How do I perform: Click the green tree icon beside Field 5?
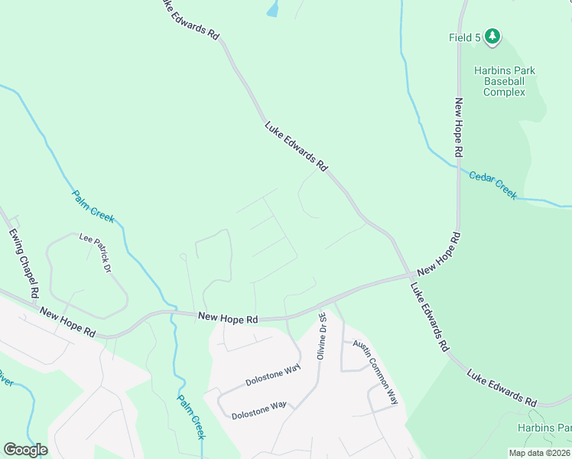493,36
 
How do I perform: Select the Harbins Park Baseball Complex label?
504,81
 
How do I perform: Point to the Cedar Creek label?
493,184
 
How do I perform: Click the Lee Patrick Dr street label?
96,253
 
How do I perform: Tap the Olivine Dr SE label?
322,337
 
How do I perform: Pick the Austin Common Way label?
376,373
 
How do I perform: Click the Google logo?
25,450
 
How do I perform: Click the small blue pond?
272,8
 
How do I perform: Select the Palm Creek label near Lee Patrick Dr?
93,207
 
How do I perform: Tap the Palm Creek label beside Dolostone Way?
192,416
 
